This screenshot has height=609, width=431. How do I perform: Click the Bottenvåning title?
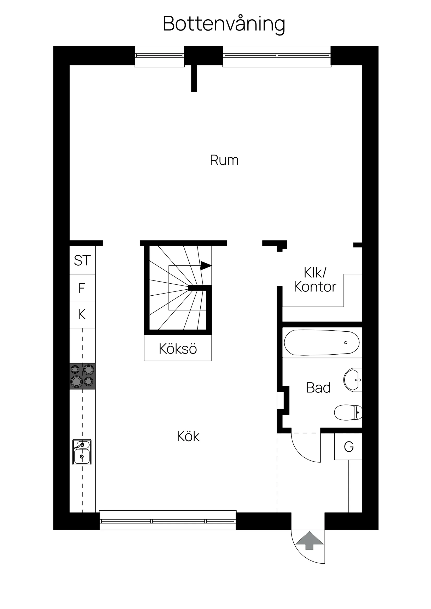[x=224, y=25]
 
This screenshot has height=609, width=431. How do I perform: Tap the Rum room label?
[x=224, y=160]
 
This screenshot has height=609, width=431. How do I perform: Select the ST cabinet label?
[x=82, y=260]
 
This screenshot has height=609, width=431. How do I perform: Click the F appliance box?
[x=82, y=288]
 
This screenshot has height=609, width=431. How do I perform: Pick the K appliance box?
[x=82, y=315]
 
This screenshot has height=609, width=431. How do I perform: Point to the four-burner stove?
[x=82, y=376]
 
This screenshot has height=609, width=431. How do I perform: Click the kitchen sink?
[x=82, y=452]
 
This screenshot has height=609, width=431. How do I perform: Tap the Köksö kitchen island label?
[x=178, y=349]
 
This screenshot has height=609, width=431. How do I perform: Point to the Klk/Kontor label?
[x=315, y=280]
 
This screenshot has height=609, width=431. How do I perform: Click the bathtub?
[x=322, y=342]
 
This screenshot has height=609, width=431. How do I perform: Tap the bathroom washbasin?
[x=353, y=380]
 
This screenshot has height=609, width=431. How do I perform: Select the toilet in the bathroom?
[x=348, y=413]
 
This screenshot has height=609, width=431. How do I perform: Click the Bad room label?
[x=318, y=388]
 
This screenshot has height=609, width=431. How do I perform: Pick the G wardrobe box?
[x=348, y=447]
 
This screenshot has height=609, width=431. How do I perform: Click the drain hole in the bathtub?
[x=346, y=343]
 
